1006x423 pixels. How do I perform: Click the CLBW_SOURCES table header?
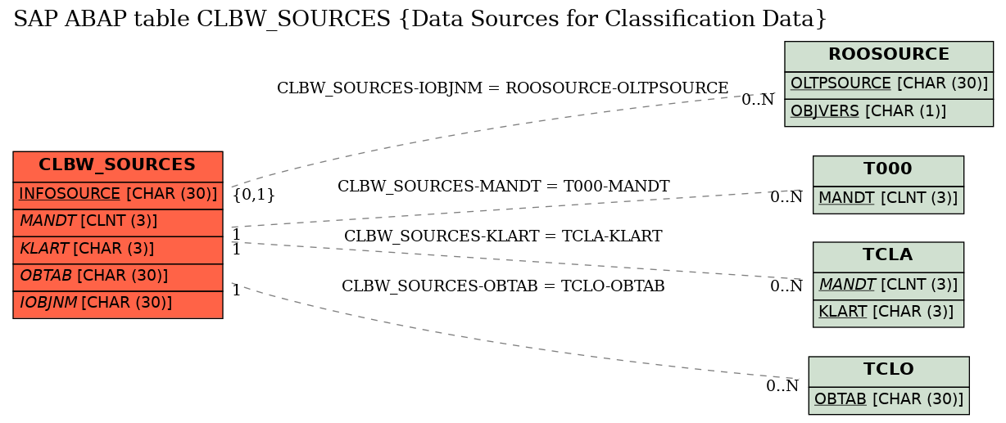118,166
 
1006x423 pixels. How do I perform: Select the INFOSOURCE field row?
118,196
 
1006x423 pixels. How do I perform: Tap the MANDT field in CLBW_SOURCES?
118,223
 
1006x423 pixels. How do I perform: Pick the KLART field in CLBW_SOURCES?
118,250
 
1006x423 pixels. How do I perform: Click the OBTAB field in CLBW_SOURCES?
118,277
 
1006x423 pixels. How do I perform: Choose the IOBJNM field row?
118,305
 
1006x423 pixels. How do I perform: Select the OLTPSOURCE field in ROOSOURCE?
889,85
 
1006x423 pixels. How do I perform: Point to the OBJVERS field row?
889,113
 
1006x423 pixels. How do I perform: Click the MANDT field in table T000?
888,200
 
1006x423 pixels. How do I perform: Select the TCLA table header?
888,257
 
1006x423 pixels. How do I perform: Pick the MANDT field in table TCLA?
888,286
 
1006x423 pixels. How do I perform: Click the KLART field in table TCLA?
888,313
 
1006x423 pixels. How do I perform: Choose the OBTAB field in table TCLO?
889,401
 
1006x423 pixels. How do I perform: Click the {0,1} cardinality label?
254,195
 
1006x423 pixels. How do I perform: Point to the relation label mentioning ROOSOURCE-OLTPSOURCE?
502,88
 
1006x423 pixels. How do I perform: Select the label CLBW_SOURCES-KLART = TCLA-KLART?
503,236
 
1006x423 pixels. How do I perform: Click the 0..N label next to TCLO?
782,385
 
